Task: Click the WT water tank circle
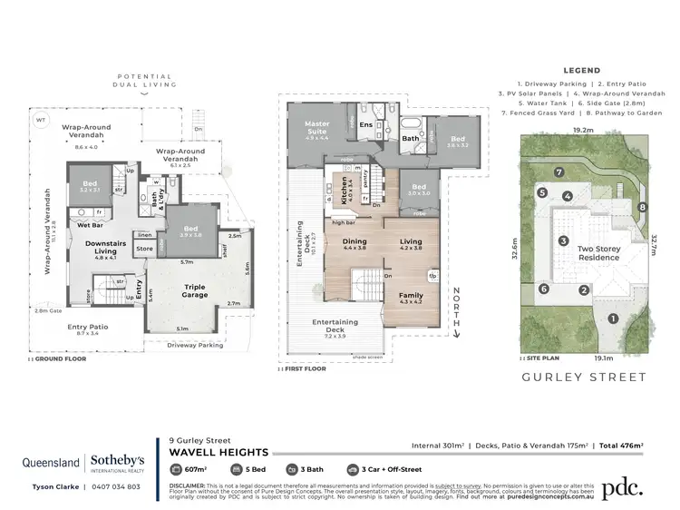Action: coord(41,119)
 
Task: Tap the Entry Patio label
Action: coord(88,328)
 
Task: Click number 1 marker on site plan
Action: coord(613,318)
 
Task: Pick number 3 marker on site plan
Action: coord(563,240)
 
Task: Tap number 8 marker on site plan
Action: coord(642,207)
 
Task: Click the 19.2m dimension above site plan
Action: coord(584,130)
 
